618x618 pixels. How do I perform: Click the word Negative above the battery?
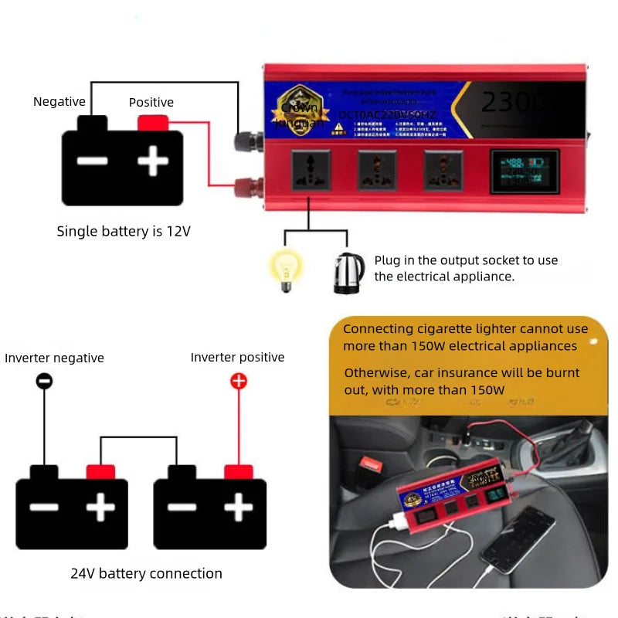pos(59,102)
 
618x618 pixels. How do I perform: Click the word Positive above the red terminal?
pos(151,103)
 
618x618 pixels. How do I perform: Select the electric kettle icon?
pos(349,273)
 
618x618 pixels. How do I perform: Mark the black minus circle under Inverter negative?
pos(45,380)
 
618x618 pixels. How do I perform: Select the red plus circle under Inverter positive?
pos(239,380)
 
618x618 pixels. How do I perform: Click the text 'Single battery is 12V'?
pos(123,231)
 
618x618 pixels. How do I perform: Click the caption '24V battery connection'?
pos(146,573)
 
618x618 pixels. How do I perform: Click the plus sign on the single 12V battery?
pos(153,161)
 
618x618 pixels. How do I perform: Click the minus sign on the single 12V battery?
pos(92,161)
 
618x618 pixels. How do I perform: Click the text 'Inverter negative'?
pos(54,358)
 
